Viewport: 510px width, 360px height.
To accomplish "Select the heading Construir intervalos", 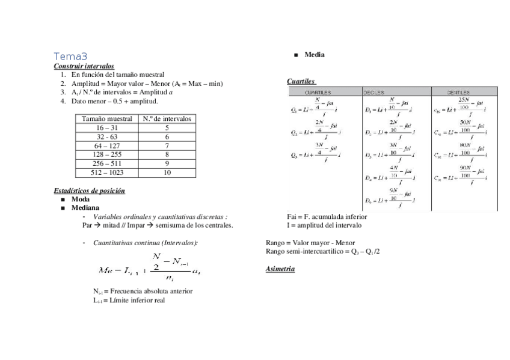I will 84,66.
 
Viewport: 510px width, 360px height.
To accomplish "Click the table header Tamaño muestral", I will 107,119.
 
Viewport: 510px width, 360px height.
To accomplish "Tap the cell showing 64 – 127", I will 107,145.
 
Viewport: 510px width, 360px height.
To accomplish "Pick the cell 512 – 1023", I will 107,172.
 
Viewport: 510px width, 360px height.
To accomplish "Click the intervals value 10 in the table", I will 167,172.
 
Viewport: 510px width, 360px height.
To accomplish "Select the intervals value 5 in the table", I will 167,128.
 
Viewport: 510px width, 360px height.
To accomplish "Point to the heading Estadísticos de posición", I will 89,191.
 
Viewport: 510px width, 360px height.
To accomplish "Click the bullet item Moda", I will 81,199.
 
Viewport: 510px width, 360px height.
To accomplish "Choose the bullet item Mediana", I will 85,208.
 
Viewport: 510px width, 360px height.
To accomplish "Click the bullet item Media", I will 315,55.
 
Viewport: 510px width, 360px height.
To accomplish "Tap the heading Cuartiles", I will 301,81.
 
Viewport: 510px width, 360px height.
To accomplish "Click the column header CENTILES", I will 458,93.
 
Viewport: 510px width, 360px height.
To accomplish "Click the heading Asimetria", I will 280,269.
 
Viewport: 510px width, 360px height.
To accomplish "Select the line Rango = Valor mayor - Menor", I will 310,243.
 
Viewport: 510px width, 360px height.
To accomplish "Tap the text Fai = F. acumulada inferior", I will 327,216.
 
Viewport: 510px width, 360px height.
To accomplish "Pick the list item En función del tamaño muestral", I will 118,75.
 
